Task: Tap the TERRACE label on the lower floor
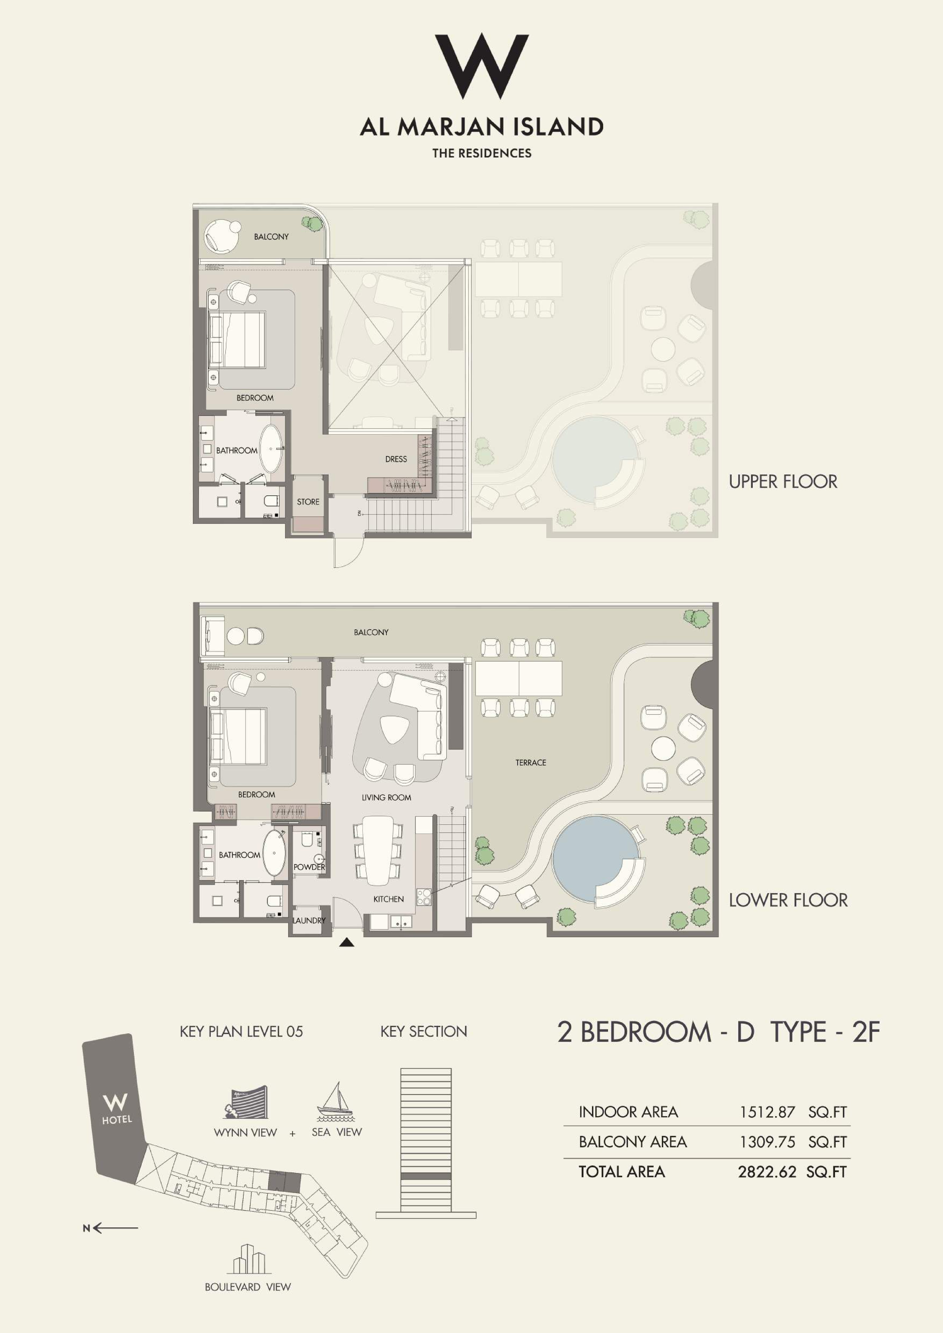(x=531, y=762)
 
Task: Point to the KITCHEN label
(x=388, y=899)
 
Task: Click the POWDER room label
(x=309, y=867)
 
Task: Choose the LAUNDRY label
(x=309, y=920)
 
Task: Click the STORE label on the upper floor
(x=308, y=502)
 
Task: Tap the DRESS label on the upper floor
(x=396, y=459)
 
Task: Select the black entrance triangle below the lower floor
(x=347, y=943)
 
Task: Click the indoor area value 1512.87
(x=767, y=1112)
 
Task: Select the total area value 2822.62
(x=767, y=1172)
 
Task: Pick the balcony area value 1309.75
(x=767, y=1142)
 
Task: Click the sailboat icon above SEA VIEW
(x=335, y=1101)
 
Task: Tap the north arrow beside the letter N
(x=116, y=1228)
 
